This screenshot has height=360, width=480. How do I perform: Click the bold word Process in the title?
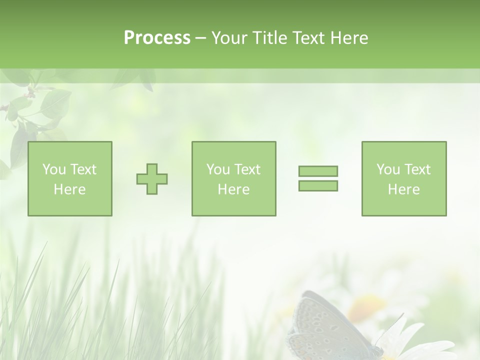coord(157,38)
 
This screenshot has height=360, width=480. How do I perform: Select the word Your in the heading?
coord(230,38)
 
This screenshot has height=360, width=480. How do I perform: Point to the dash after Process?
coord(201,38)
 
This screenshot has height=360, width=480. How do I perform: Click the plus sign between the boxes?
coord(152,179)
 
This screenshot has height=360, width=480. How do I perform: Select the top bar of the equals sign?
coord(318,171)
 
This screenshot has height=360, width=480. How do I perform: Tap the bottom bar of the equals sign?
coord(318,186)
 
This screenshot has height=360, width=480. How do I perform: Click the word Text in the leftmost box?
coord(83,169)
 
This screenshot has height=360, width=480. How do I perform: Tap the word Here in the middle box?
coord(234,189)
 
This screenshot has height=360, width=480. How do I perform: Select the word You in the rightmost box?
coord(388,169)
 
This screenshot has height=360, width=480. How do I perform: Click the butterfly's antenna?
coord(395,322)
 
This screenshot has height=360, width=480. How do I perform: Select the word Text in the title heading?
coord(307,38)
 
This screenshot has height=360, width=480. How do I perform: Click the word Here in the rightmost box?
coord(404,189)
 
